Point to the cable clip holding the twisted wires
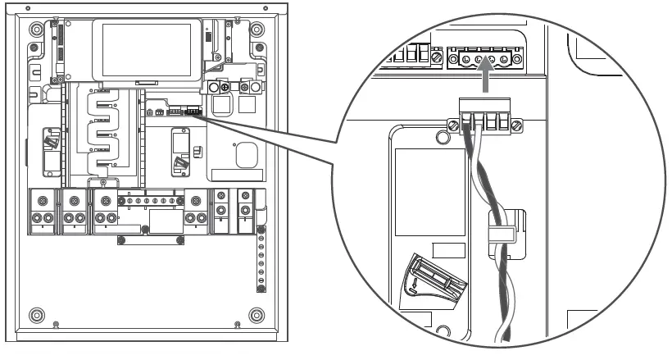(x=499, y=234)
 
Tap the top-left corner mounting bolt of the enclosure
(x=35, y=28)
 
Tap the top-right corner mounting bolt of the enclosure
(x=257, y=28)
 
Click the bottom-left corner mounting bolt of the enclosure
(x=35, y=315)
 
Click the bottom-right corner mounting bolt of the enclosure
(x=257, y=315)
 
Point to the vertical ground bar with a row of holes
(x=261, y=262)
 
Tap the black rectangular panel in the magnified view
(x=425, y=197)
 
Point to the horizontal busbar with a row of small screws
(x=151, y=201)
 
